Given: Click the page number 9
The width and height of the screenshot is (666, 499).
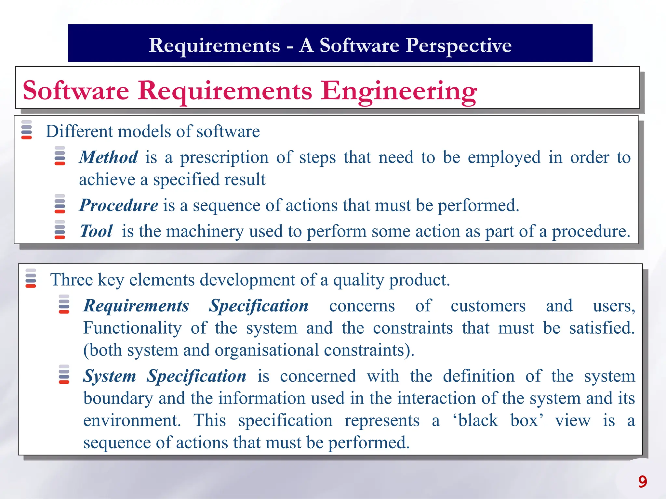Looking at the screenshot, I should tap(642, 481).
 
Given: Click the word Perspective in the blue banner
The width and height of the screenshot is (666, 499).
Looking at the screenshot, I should tap(459, 45).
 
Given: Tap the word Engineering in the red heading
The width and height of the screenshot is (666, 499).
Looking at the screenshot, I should tap(398, 91).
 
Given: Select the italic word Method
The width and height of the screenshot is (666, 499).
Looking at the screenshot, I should tap(109, 157).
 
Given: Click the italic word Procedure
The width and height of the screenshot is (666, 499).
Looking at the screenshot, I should tap(119, 205).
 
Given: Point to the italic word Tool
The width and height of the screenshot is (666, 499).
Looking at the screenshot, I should tap(96, 231).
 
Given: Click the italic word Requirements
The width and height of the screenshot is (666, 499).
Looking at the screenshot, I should tap(136, 306).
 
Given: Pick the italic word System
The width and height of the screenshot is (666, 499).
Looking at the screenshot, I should tap(110, 376).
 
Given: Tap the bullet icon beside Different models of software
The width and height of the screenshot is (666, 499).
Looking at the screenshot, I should tap(27, 130).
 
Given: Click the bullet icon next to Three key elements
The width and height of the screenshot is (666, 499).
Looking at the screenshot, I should tap(31, 278).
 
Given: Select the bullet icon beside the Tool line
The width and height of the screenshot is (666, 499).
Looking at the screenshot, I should tap(60, 230).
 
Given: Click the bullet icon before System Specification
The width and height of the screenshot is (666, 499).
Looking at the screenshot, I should tap(64, 374).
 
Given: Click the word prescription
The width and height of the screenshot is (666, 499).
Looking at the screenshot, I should tap(224, 158).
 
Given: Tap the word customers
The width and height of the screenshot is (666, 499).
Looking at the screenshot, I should tap(488, 306).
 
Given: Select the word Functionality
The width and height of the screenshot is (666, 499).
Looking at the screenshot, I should tap(133, 328).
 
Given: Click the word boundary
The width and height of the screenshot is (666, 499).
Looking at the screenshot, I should tap(118, 398).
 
